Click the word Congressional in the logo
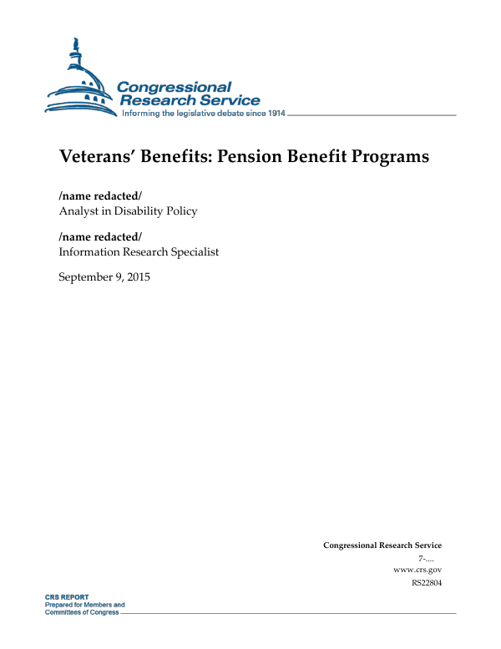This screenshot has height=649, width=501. point(174,87)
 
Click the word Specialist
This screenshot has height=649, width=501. point(193,251)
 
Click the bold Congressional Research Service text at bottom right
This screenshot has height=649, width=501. point(382,545)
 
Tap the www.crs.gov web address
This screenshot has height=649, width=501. point(417,570)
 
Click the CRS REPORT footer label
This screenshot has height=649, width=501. point(67,598)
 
